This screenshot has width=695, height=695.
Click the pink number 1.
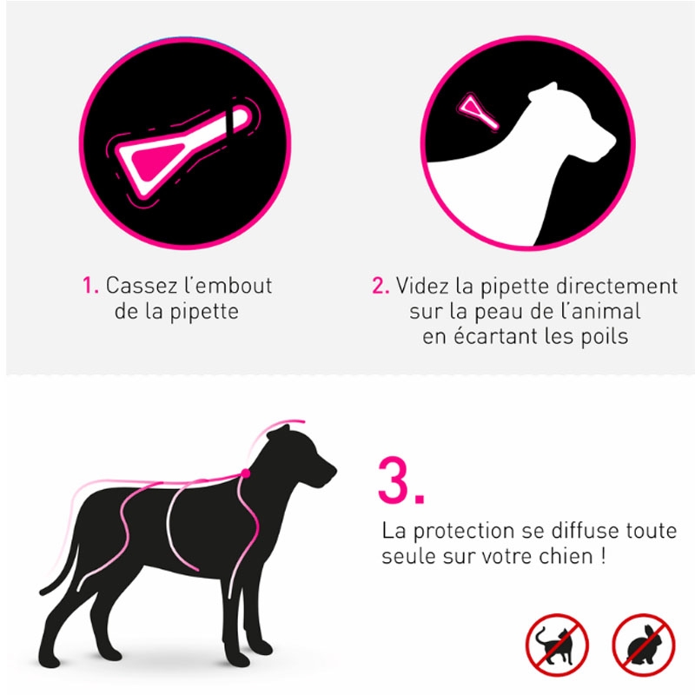point(90,286)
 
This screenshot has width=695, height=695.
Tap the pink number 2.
point(381,286)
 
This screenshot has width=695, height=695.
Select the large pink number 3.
point(400,481)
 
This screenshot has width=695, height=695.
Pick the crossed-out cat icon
point(557,645)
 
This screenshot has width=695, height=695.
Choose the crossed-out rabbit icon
point(643,645)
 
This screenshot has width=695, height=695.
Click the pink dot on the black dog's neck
point(246,473)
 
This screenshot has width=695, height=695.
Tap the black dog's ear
point(278,433)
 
